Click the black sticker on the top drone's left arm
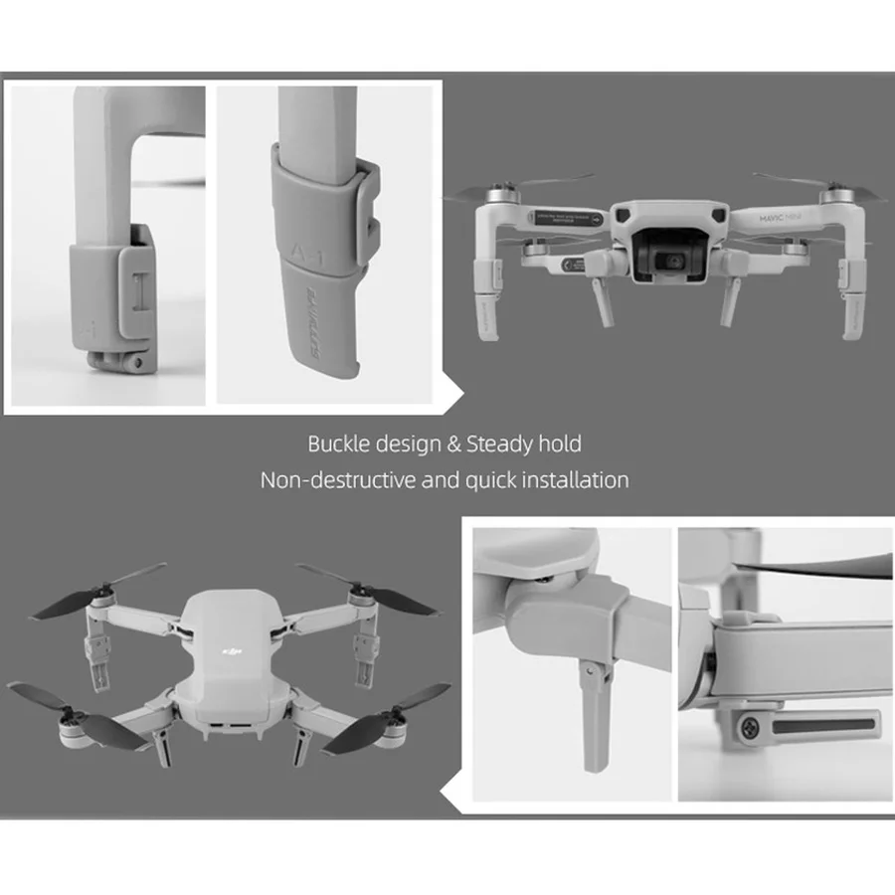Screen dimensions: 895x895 569,218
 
